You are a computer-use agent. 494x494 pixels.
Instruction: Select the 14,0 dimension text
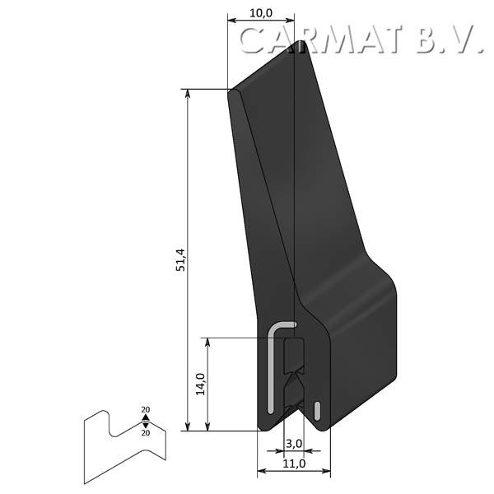click(x=199, y=384)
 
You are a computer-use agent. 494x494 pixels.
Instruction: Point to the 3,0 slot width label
click(x=293, y=445)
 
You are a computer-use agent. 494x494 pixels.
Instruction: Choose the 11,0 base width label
click(x=294, y=464)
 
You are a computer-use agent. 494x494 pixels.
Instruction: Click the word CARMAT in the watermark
click(x=322, y=40)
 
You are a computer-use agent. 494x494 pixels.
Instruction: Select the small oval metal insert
click(x=317, y=409)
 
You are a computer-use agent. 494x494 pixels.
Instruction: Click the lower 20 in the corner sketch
click(x=146, y=432)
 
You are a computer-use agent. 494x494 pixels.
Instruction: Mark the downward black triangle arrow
click(x=146, y=424)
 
